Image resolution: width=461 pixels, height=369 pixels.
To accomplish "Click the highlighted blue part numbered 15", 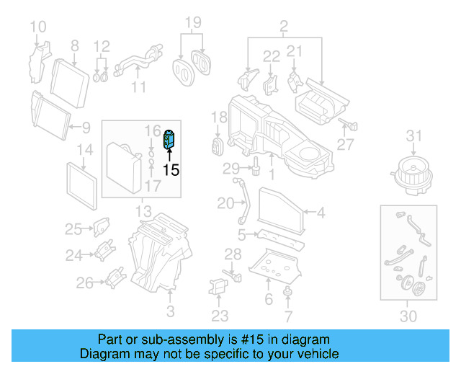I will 171,138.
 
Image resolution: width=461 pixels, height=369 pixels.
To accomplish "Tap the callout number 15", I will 171,171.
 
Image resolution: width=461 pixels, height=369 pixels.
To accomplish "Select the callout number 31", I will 413,136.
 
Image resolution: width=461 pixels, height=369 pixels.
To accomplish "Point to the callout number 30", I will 408,316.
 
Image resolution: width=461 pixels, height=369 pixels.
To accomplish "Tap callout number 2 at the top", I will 283,28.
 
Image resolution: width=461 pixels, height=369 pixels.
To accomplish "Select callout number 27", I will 346,144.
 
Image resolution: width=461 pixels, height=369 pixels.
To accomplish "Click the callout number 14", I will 85,151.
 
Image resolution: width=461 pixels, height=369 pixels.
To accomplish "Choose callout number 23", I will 220,315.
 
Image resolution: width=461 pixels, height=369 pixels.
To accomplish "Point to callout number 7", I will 288,316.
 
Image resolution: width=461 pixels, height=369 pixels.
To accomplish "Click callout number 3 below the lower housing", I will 170,311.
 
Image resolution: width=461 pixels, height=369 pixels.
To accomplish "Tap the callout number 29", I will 230,169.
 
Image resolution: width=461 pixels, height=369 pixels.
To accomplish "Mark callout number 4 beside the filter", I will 321,213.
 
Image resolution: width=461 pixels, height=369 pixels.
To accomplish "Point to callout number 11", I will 139,87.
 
